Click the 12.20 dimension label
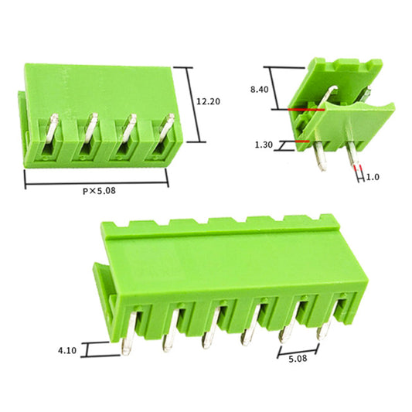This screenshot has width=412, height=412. (209, 101)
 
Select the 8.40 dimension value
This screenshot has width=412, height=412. (260, 89)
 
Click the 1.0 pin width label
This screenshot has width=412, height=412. (373, 176)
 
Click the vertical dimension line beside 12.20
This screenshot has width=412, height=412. (189, 104)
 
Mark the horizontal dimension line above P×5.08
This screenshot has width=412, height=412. (97, 182)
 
